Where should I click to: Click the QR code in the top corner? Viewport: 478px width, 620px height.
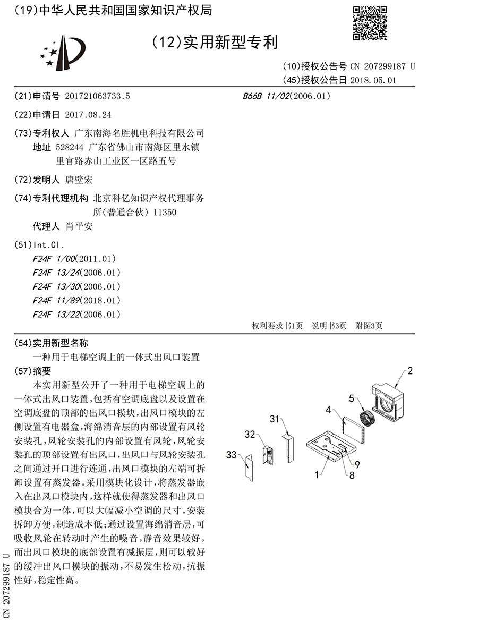pos(370,23)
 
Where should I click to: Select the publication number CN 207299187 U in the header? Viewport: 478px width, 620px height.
pos(382,66)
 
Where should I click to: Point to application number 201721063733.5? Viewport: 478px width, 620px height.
pos(97,96)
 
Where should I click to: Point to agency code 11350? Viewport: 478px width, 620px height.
pos(164,212)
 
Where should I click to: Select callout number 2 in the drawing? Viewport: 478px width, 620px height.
pos(410,371)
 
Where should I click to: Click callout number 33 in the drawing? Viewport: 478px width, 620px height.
pos(231,454)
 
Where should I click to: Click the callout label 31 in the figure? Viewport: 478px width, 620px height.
pos(275,419)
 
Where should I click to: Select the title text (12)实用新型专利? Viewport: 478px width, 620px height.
pos(215,41)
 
